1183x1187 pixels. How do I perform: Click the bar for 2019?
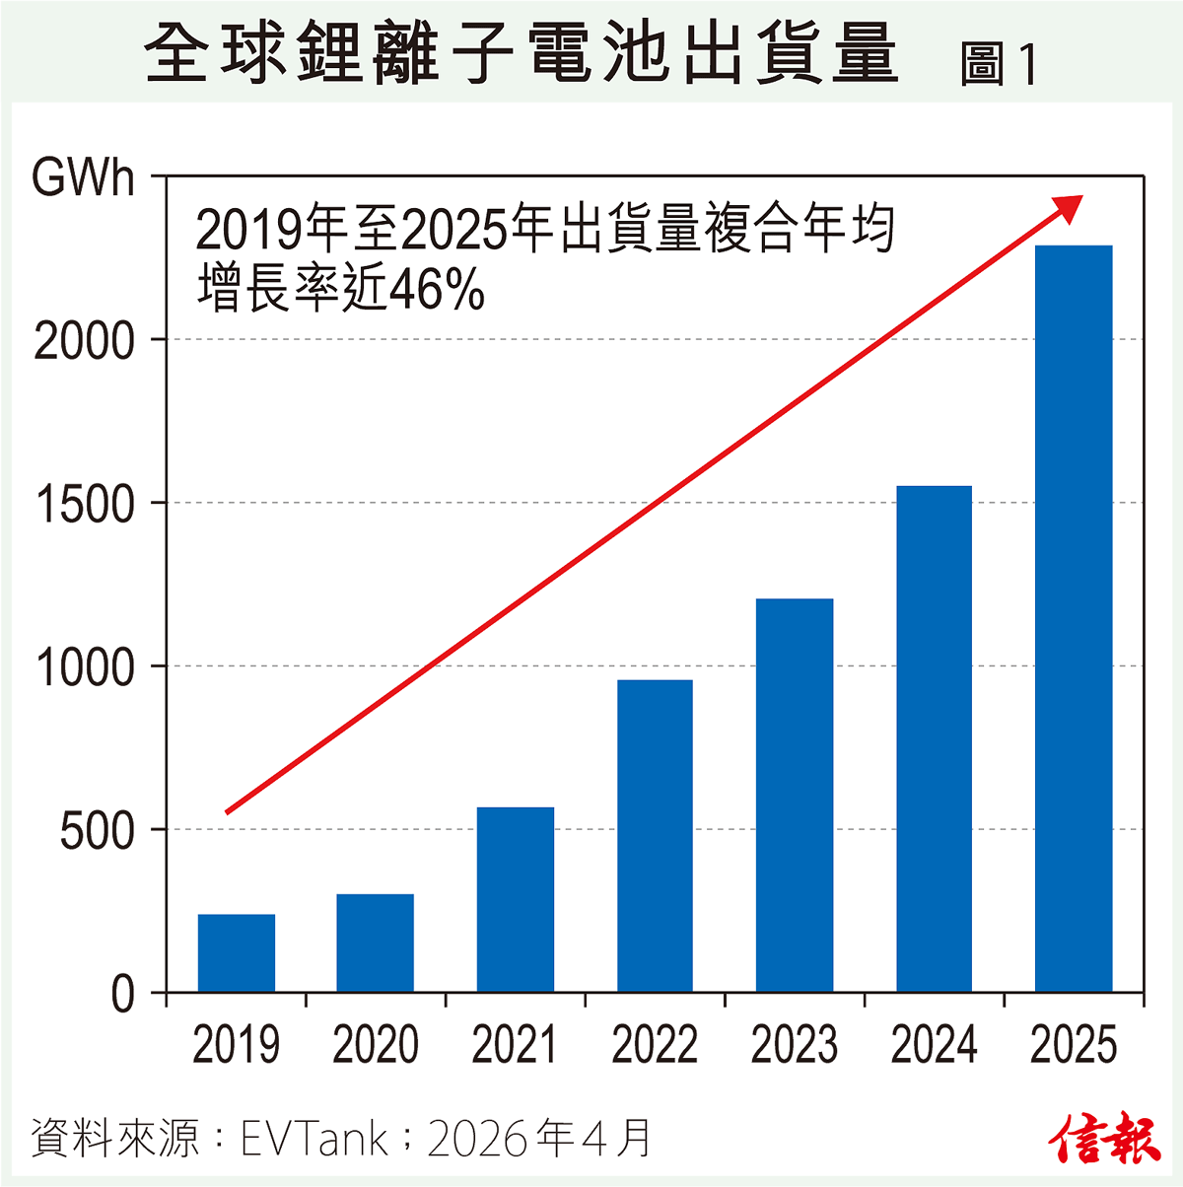[x=237, y=952]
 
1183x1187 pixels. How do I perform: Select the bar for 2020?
[x=376, y=943]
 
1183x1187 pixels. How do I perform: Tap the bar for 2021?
[x=516, y=899]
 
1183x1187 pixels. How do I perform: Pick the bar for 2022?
[x=655, y=835]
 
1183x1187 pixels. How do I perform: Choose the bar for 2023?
[x=795, y=795]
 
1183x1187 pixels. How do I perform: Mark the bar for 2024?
[x=934, y=738]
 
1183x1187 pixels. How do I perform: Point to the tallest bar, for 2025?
[x=1074, y=618]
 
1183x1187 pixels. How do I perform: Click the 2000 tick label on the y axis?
[x=85, y=342]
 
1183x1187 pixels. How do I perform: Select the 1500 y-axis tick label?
[x=85, y=505]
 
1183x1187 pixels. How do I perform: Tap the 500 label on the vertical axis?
[x=97, y=831]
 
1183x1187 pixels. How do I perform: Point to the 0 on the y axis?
[x=122, y=994]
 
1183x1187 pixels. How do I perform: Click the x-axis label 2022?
[x=655, y=1045]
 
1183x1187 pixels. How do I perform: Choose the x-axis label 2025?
[x=1074, y=1045]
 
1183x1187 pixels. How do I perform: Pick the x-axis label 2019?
[x=237, y=1045]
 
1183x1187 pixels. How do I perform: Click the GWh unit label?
[x=83, y=179]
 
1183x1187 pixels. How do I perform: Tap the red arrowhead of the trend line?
[x=1068, y=207]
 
